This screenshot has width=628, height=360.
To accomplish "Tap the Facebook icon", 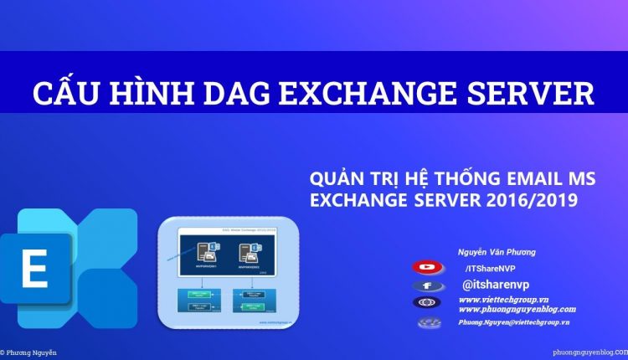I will point(427,285).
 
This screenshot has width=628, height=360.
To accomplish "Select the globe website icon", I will point(427,303).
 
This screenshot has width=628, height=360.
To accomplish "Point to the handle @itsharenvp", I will point(496,285).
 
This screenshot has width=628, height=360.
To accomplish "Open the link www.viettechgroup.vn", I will point(504,299).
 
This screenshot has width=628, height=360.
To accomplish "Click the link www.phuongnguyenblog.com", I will point(517,309).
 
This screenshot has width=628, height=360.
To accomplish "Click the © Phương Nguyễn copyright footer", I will point(30,353).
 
